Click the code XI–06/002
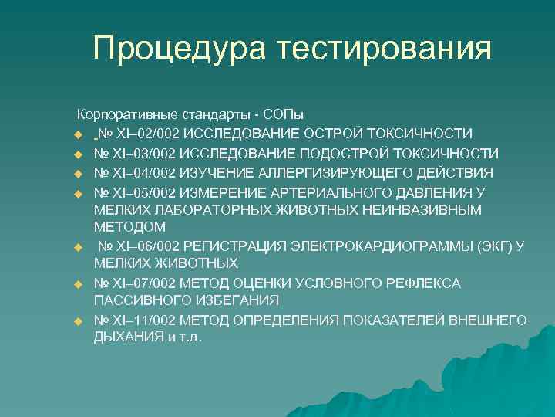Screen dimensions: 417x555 (148, 246)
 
